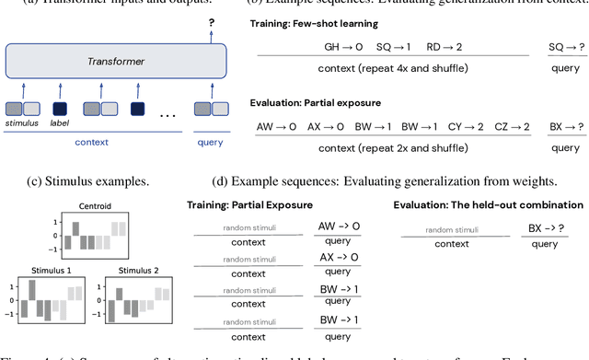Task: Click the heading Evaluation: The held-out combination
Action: click(x=487, y=203)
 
